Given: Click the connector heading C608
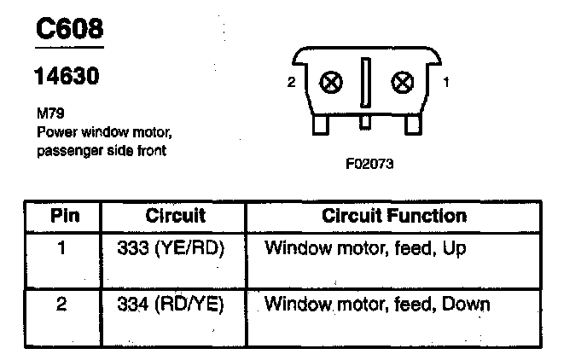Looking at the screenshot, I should [x=69, y=30].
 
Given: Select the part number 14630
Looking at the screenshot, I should [x=66, y=77].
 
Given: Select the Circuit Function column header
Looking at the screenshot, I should [x=393, y=217].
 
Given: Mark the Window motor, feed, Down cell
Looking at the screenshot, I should [x=377, y=305].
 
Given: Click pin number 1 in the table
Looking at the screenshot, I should [x=62, y=249].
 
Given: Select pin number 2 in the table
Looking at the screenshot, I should [x=62, y=305].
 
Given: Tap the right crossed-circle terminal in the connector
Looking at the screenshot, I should [x=401, y=83].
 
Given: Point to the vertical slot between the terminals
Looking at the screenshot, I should [x=366, y=83].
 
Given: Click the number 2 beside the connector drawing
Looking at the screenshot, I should [x=291, y=84].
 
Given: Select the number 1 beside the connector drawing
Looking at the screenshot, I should [x=446, y=84].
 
